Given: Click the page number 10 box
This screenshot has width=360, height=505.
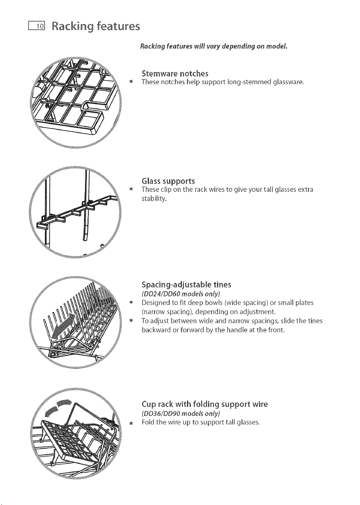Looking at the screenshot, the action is [37, 26].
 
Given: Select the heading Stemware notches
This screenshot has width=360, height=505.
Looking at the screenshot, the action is [175, 73].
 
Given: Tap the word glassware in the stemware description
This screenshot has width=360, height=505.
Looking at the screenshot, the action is [288, 82].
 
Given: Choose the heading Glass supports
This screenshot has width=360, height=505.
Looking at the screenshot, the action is [168, 181].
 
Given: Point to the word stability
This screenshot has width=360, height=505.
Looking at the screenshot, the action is [154, 199].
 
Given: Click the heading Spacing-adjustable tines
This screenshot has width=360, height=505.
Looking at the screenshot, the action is [186, 285].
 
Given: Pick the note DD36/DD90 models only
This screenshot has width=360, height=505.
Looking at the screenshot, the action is [181, 413].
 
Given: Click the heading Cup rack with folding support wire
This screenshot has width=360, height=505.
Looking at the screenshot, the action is [204, 404].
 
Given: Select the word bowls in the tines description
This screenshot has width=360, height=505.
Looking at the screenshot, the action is [214, 302].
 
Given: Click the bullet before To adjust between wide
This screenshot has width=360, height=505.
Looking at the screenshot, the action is [130, 320].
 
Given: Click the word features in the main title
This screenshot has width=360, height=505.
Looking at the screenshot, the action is [118, 26].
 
